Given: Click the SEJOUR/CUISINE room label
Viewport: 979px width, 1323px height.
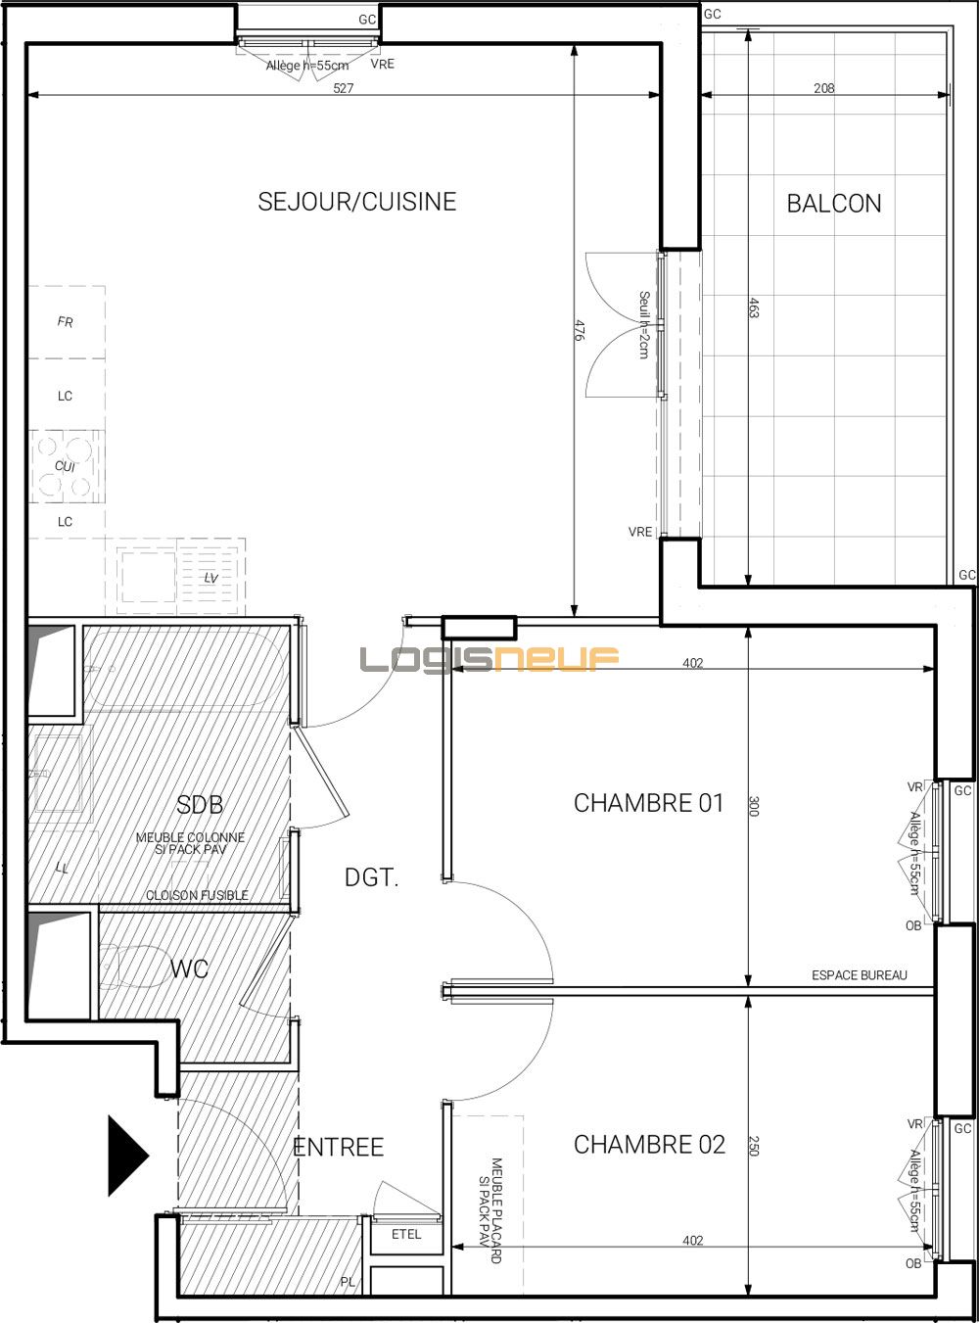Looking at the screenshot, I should (357, 202).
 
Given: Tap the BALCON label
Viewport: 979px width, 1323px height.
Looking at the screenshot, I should (834, 204).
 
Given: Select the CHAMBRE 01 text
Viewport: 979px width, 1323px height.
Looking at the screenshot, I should (648, 803).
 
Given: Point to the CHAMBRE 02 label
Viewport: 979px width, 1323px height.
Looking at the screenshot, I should (649, 1144).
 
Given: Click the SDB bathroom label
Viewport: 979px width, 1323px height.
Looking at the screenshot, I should (200, 805).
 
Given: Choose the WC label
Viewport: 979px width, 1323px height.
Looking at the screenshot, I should (189, 969).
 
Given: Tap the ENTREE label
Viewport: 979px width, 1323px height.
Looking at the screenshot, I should (339, 1147).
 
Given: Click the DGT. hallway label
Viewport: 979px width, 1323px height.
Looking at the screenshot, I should (372, 878).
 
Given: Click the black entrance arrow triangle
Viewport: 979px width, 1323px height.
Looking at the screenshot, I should (125, 1156).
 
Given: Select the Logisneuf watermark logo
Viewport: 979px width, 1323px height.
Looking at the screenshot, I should (489, 659).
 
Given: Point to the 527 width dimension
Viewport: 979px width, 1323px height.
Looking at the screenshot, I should (343, 88).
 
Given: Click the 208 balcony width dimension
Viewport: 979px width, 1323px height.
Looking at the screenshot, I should (824, 88).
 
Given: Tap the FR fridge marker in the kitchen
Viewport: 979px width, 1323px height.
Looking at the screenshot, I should (66, 322).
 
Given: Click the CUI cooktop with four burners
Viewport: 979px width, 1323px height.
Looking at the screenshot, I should (66, 466).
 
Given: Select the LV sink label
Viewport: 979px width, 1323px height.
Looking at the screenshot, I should (210, 579).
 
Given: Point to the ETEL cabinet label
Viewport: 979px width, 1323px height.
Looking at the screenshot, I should (406, 1234).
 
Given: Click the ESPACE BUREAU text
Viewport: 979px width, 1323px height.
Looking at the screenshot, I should (859, 975).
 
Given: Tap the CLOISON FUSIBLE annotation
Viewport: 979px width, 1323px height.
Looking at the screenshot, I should (197, 895).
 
